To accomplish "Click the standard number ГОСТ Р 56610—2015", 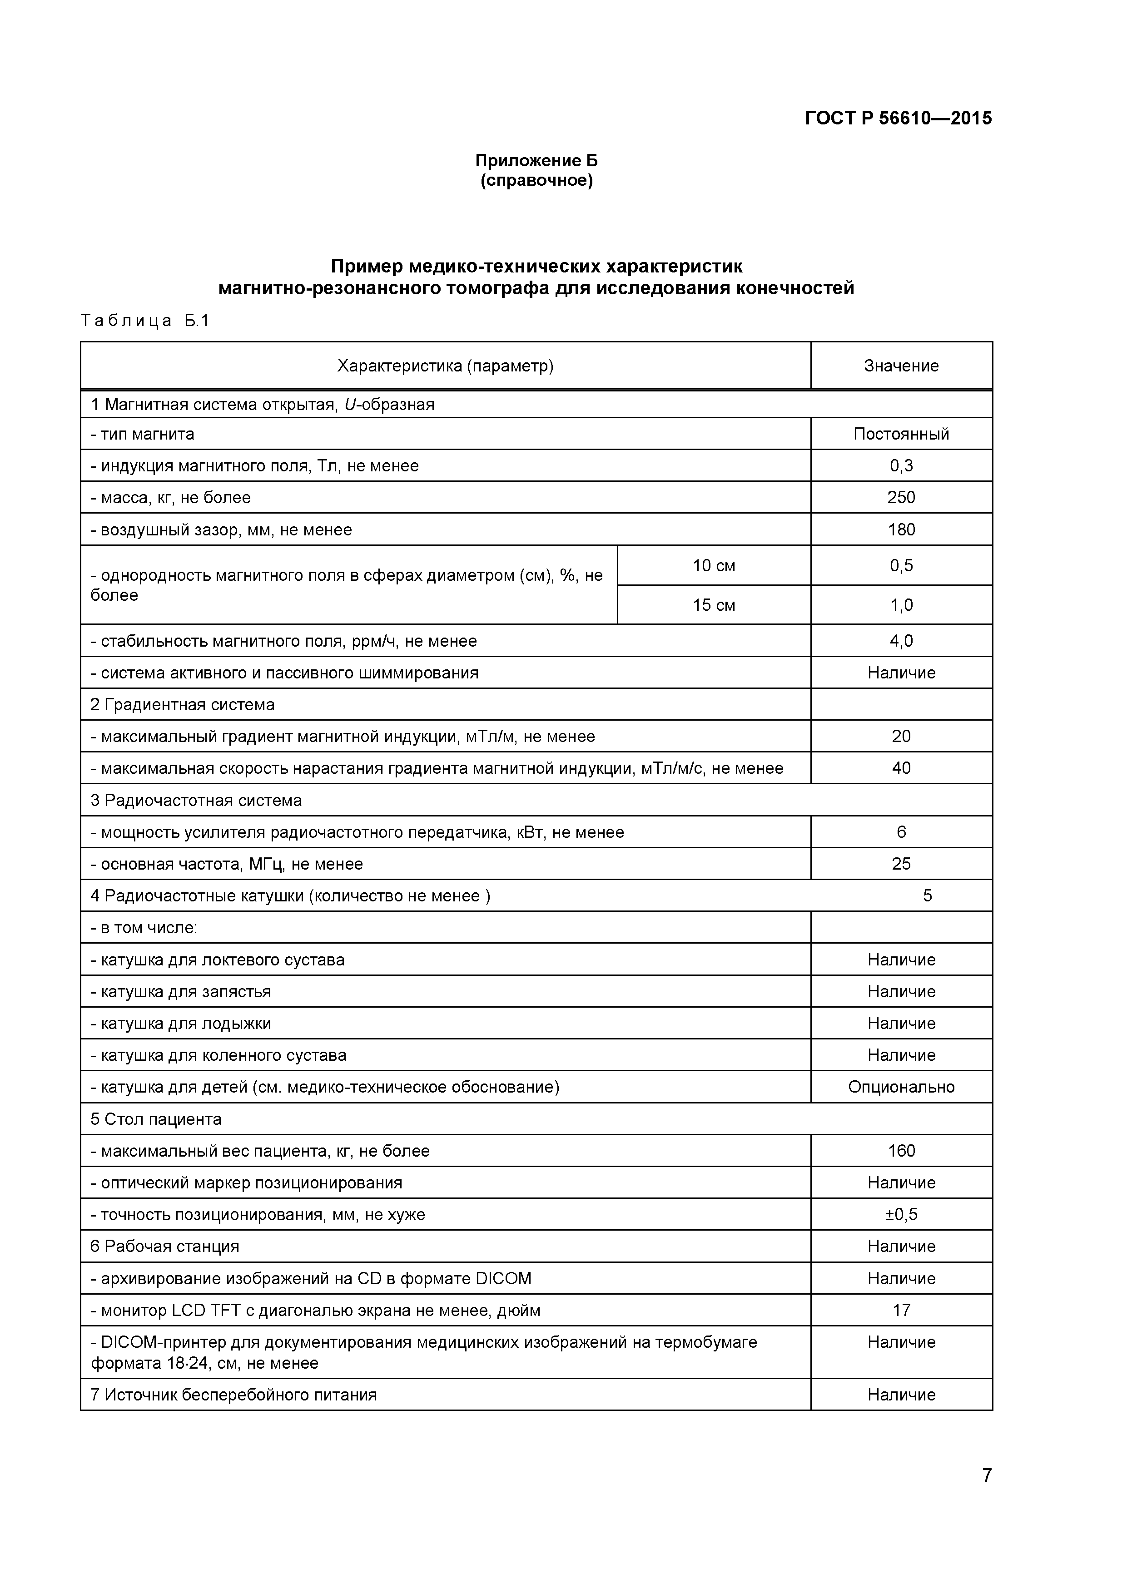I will click(898, 118).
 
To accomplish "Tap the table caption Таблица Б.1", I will click(144, 321).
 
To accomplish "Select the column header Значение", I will click(901, 366).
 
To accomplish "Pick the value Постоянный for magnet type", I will click(901, 434).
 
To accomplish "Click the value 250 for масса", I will click(901, 497).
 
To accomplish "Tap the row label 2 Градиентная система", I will click(183, 704).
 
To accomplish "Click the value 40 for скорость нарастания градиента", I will click(901, 768).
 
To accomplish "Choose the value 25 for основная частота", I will click(901, 864).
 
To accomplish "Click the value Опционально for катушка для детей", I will click(901, 1087).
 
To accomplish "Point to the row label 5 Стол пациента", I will click(156, 1119).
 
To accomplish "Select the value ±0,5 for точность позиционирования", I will click(901, 1215).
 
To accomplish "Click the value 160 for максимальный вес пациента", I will click(901, 1151).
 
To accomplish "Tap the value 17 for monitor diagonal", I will click(901, 1311).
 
